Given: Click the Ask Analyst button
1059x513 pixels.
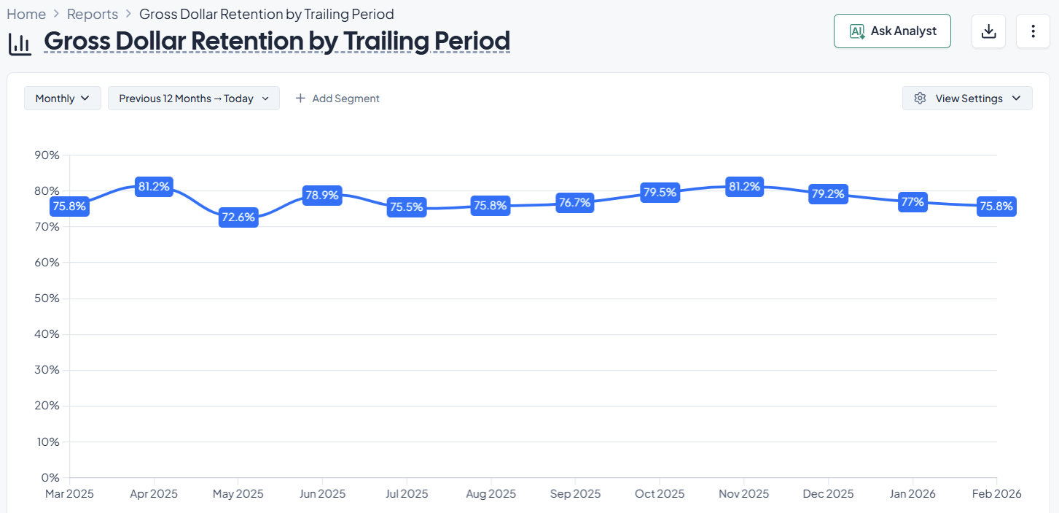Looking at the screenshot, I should pos(892,31).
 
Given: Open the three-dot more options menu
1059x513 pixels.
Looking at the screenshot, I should pos(1033,31).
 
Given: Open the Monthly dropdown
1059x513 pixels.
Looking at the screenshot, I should pos(62,99).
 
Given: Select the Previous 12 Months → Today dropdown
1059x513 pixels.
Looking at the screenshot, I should pos(194,99).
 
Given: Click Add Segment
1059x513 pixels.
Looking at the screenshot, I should pos(337,99).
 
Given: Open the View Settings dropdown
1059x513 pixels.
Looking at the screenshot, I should pos(967,99).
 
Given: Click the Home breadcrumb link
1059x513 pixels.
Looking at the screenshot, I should pos(26,14).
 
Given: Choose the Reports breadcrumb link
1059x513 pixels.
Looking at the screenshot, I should pos(93,14).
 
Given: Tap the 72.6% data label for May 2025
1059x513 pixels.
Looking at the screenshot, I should pos(238,217).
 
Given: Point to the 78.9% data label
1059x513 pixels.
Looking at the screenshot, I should pos(322,196).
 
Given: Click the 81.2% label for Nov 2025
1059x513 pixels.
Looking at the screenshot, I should pos(744,187).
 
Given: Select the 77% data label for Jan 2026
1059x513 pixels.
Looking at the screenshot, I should pos(913,202).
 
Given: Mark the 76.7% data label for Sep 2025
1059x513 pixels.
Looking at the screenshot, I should pos(574,203).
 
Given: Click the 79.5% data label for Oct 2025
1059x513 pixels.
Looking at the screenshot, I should pos(660,193).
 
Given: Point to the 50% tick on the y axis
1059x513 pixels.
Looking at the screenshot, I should pos(47,298).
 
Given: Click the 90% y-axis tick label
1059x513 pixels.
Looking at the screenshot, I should pos(47,155).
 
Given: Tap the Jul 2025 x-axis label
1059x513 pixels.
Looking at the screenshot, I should pos(406,494).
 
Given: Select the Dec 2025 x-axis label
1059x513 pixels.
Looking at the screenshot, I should pos(828,494).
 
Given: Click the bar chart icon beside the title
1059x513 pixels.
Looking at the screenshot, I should pos(20,44).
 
